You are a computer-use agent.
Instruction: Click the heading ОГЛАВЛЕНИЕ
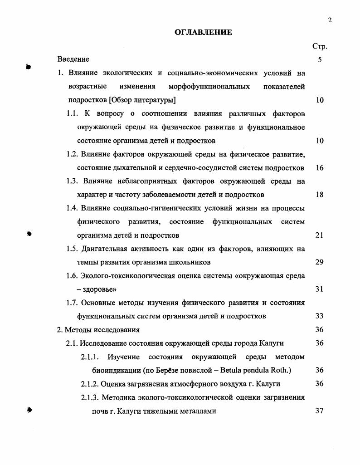pos(203,32)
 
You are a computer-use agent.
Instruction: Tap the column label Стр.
pos(320,46)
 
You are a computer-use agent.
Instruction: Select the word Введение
pos(73,59)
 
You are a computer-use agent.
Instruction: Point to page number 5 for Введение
pos(320,59)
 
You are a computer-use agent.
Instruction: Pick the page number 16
pos(320,168)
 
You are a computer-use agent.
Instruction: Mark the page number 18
pos(320,195)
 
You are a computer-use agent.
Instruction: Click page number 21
pos(320,235)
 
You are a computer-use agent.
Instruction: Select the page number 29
pos(320,262)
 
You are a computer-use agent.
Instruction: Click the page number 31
pos(320,289)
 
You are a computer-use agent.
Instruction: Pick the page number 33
pos(320,316)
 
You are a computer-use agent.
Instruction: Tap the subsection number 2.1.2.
pos(89,384)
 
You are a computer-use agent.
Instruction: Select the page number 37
pos(320,411)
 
